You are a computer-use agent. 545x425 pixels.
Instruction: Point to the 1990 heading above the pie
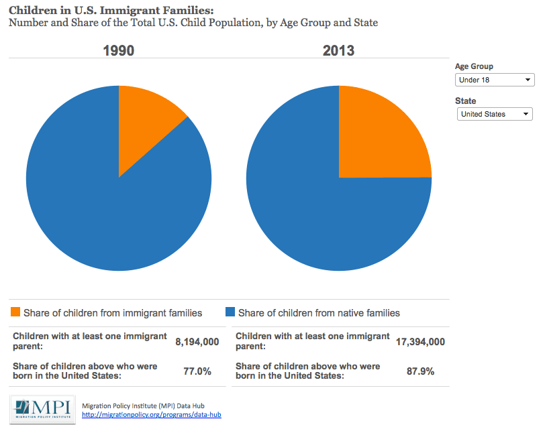(x=118, y=51)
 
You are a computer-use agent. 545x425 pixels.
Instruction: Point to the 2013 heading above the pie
(x=338, y=51)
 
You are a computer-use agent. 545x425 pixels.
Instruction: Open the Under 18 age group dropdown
(x=495, y=80)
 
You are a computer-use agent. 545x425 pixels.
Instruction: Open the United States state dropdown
(x=495, y=114)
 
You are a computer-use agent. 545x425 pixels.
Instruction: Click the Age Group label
(x=474, y=66)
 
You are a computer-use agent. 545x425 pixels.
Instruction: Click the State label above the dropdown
(x=465, y=101)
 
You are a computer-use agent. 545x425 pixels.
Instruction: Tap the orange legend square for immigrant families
(x=15, y=312)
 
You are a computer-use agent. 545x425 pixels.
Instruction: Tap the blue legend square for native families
(x=230, y=312)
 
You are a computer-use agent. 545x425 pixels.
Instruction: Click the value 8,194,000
(x=197, y=342)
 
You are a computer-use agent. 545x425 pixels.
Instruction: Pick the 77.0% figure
(x=197, y=371)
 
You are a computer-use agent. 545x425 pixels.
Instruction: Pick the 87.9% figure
(x=421, y=371)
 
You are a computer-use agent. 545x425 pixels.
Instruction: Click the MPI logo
(x=42, y=409)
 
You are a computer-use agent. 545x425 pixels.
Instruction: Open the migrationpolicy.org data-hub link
(x=151, y=415)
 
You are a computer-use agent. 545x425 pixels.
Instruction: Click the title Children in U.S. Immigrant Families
(x=110, y=10)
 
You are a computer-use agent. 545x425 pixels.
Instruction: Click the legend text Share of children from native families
(x=319, y=313)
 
